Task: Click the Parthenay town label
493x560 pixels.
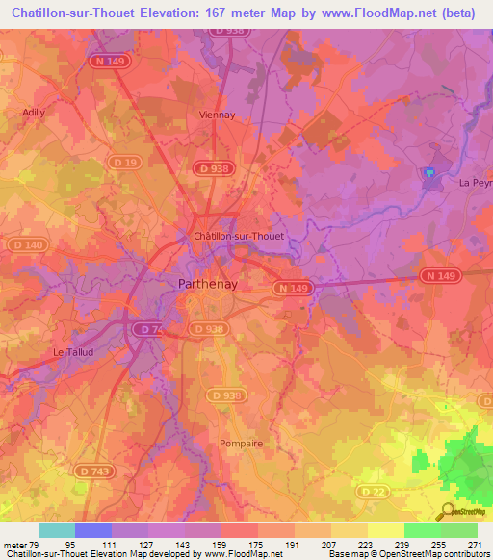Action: point(209,284)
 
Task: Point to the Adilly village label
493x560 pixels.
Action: point(34,112)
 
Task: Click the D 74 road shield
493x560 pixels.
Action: point(148,329)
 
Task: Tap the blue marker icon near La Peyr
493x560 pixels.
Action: point(430,172)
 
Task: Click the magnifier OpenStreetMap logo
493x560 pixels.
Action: point(448,513)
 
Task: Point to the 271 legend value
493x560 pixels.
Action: point(474,545)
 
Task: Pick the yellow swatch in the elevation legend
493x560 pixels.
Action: point(385,530)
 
